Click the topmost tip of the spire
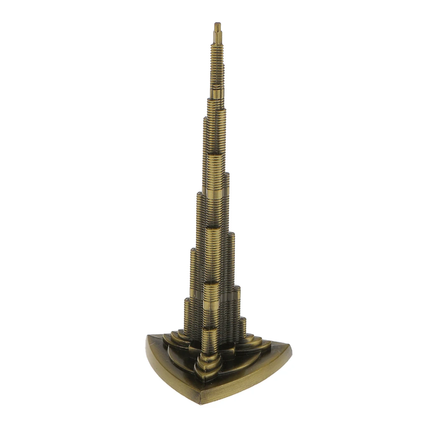tap(217, 24)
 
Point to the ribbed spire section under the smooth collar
tap(217, 63)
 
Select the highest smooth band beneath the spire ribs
tap(217, 93)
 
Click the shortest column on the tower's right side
tap(242, 328)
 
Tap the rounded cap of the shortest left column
tap(186, 300)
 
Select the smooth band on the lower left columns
tap(193, 293)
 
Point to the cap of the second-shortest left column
tap(193, 250)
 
